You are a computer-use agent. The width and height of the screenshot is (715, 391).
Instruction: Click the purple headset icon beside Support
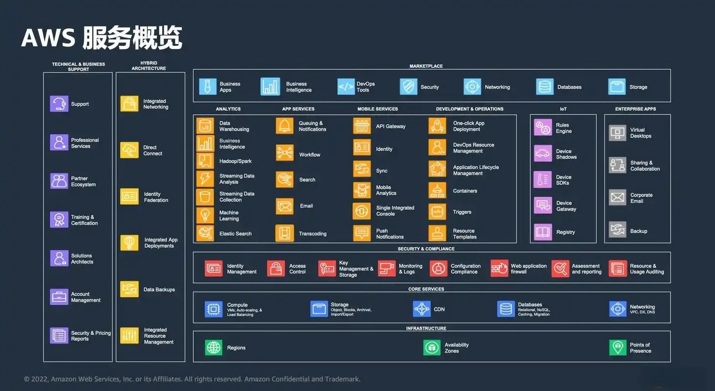[59, 104]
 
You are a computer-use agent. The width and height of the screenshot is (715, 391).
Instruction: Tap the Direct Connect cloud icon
[130, 150]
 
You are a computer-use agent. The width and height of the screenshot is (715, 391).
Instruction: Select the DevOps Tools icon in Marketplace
[346, 87]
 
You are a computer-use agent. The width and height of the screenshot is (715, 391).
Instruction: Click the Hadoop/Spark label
[235, 161]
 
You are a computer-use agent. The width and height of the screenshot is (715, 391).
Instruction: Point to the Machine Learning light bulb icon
[205, 216]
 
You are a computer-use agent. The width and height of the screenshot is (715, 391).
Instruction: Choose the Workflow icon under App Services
[284, 153]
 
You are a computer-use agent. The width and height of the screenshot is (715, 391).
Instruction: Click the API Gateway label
[390, 127]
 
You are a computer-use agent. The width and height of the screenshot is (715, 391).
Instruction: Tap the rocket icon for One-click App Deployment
[437, 126]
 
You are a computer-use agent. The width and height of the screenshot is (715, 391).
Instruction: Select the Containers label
[465, 191]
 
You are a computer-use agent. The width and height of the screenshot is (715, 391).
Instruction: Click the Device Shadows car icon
[543, 153]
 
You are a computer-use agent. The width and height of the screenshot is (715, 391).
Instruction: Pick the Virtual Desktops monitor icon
[617, 133]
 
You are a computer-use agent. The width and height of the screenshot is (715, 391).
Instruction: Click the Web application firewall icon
[499, 268]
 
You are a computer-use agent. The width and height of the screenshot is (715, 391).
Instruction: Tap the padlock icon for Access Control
[276, 268]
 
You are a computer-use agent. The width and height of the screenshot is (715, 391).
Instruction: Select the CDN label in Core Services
[439, 309]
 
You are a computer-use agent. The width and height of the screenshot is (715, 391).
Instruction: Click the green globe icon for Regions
[214, 348]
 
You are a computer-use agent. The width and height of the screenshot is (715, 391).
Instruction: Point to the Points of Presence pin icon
[618, 348]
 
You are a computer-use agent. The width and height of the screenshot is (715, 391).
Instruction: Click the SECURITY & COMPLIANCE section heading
[426, 249]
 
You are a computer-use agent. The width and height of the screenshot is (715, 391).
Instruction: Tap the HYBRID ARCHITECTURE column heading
[149, 66]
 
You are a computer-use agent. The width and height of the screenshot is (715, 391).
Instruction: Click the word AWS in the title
[48, 38]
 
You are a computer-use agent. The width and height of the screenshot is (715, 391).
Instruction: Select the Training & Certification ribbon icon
[59, 219]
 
